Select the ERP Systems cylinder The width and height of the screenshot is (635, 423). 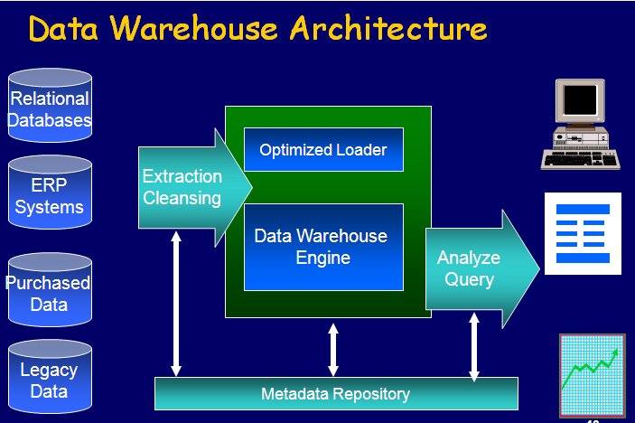click(x=50, y=195)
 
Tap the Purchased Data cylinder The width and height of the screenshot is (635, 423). click(x=50, y=291)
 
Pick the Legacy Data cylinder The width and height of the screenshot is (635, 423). click(x=50, y=380)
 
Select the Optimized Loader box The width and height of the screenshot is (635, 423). click(x=323, y=150)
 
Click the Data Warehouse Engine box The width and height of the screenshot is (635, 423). click(x=323, y=247)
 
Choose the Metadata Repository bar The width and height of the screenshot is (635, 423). click(x=336, y=394)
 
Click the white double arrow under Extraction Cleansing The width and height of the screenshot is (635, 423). click(x=176, y=304)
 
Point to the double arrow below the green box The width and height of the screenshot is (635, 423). click(x=333, y=349)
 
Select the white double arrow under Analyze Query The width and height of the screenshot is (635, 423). click(x=473, y=345)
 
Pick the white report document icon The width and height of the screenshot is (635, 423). click(x=583, y=233)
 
